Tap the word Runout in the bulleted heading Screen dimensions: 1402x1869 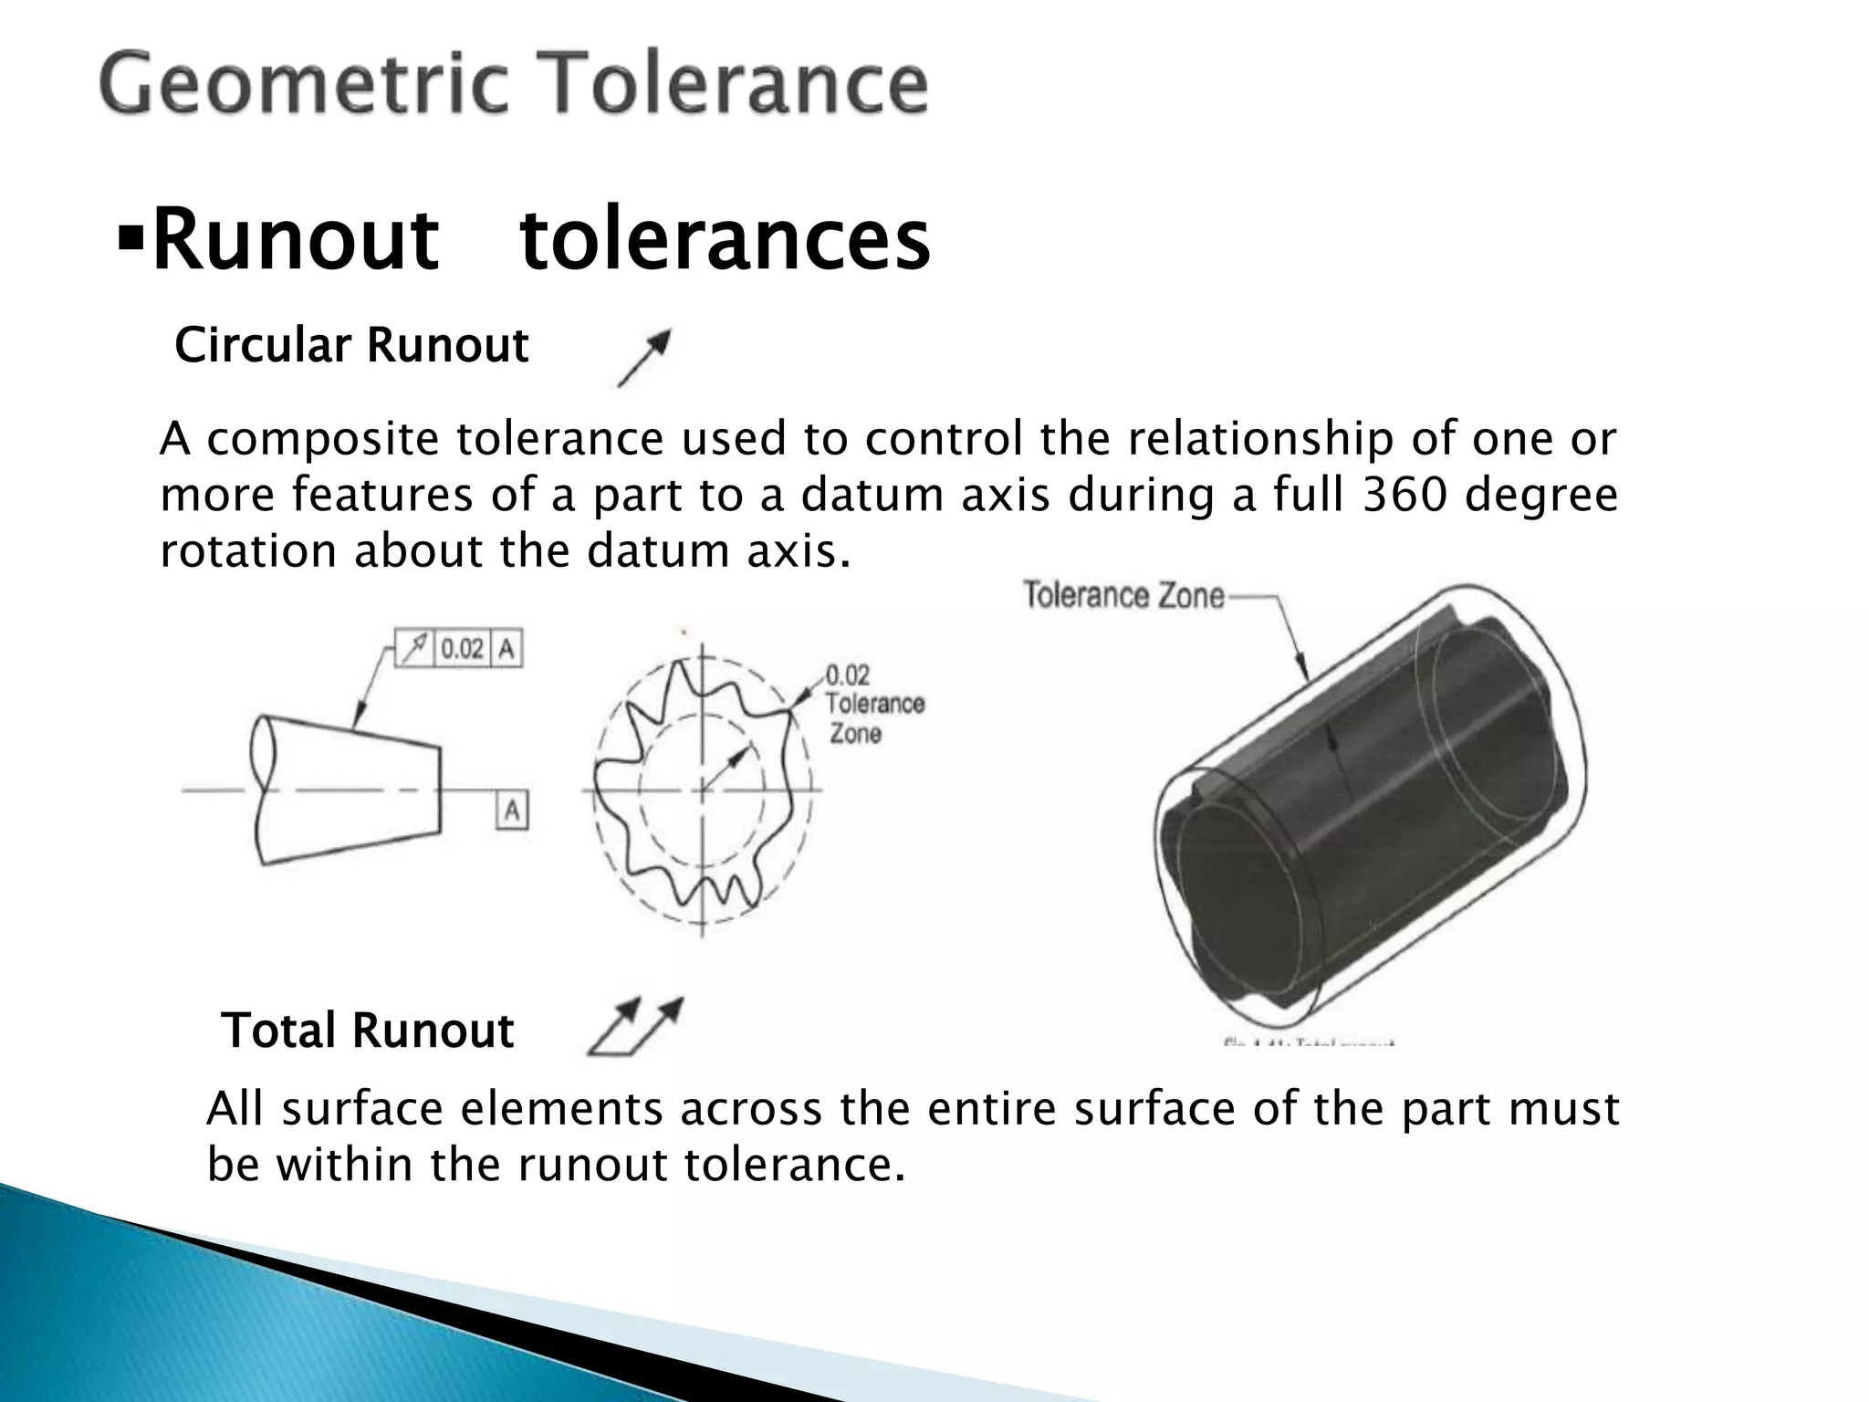point(295,241)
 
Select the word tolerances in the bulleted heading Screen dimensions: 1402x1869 point(725,241)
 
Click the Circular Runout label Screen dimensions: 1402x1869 point(351,346)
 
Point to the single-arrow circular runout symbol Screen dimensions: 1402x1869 point(644,357)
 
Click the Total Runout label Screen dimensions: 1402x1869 point(368,1031)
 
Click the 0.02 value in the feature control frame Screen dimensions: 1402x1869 point(462,649)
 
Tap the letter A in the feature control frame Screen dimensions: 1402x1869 point(506,649)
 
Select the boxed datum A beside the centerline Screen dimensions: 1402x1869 point(512,810)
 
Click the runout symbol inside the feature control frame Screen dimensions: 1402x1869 point(415,649)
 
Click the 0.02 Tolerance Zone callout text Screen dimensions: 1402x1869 point(873,704)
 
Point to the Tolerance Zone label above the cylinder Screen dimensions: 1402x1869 point(1123,596)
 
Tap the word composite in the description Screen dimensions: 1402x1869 point(324,440)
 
